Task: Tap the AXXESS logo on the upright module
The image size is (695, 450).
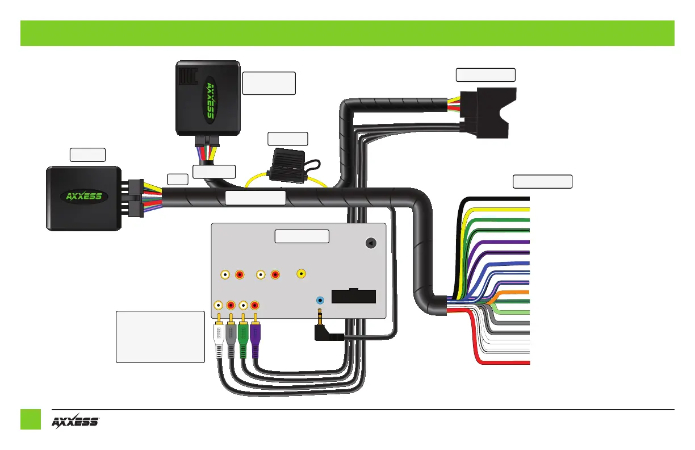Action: point(210,101)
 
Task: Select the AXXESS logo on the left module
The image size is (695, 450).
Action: point(81,197)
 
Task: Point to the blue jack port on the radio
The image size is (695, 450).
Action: point(321,300)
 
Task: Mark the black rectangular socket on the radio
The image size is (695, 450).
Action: point(353,296)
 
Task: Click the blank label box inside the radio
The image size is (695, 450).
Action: point(302,236)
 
